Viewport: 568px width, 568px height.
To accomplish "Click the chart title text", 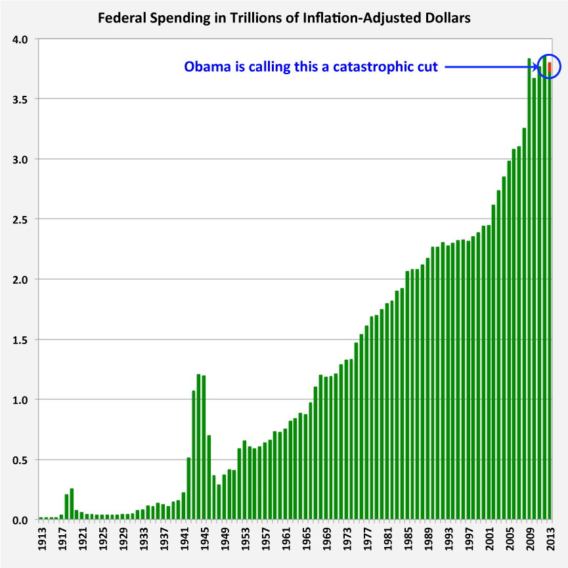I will pos(284,18).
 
